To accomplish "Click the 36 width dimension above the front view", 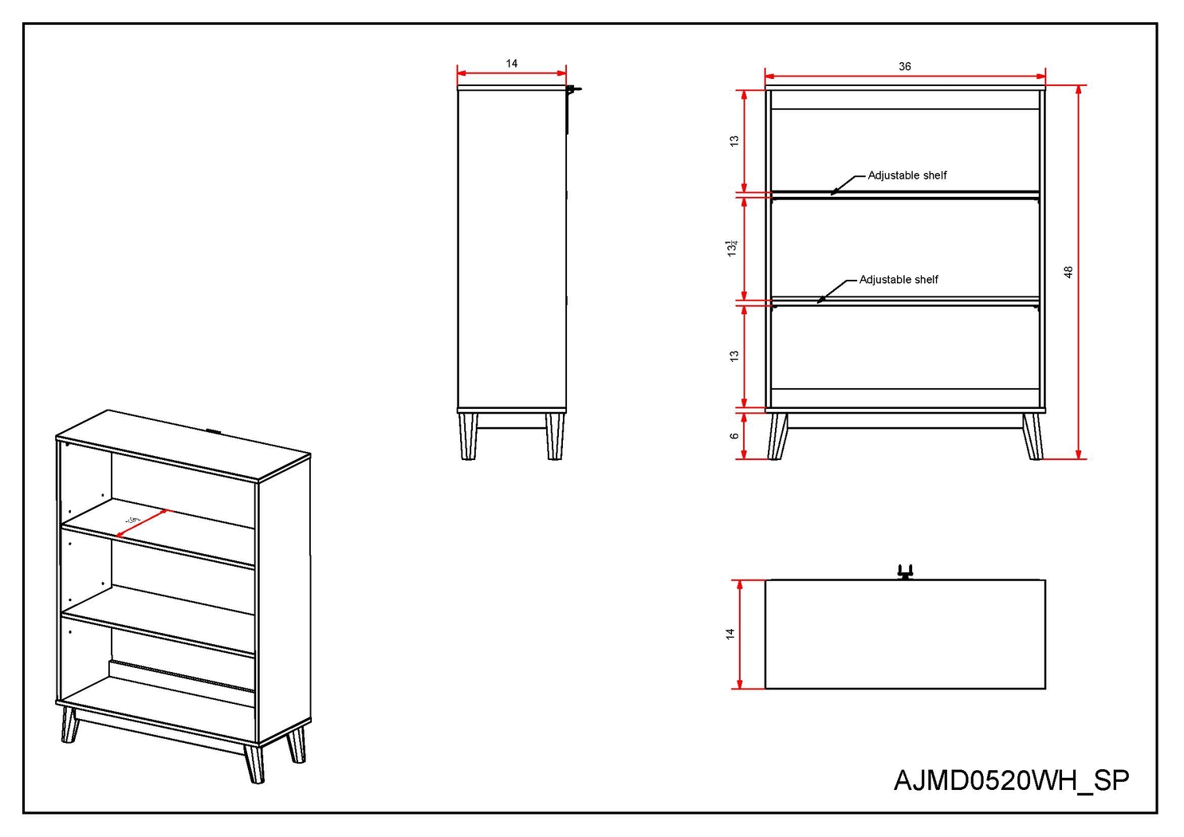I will [904, 66].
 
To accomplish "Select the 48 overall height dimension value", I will [1068, 272].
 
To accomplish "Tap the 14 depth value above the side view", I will [511, 63].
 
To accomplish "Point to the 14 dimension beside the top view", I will [730, 634].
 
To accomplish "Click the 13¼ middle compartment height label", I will [731, 247].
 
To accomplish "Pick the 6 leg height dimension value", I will [734, 436].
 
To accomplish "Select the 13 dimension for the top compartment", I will [734, 140].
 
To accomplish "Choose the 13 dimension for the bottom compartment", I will [734, 356].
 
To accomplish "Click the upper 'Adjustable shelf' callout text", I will [907, 175].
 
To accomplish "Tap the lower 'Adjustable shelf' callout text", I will [898, 280].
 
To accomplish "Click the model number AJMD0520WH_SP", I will [1011, 780].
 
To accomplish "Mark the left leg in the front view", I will [777, 436].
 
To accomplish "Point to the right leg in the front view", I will [1033, 436].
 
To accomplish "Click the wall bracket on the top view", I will [904, 572].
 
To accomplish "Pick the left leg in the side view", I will [469, 436].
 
